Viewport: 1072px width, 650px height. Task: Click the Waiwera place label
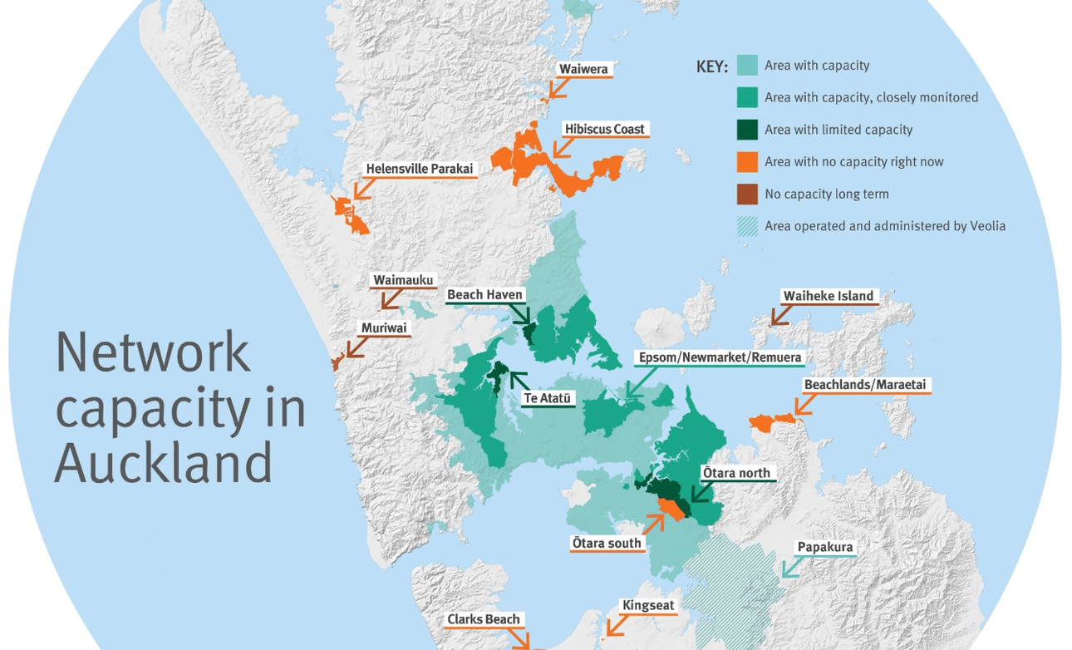pos(583,69)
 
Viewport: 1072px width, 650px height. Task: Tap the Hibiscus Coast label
pos(604,129)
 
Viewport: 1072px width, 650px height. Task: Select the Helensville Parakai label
pos(419,169)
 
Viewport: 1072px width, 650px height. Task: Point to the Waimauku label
pos(403,280)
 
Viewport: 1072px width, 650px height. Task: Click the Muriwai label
pos(383,327)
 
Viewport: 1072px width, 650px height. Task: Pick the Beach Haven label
pos(484,294)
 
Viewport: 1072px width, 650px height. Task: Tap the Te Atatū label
pos(548,398)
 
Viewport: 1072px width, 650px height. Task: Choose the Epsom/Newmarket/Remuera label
pos(719,358)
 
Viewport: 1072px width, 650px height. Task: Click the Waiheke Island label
pos(828,295)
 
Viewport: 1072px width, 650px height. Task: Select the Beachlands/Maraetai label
pos(864,385)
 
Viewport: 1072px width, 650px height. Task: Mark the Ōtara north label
pos(736,473)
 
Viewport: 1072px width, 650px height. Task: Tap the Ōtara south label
pos(607,543)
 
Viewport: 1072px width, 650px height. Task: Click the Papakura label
pos(824,547)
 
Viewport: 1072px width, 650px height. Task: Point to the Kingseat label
pos(648,605)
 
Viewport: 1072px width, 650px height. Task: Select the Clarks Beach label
pos(483,619)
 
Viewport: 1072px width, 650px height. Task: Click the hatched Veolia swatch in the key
pos(747,226)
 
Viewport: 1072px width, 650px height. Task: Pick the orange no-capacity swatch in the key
pos(747,161)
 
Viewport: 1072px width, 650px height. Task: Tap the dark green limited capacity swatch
pos(747,130)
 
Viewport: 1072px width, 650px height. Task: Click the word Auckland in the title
pos(164,462)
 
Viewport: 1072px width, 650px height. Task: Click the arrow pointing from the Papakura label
pos(792,568)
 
